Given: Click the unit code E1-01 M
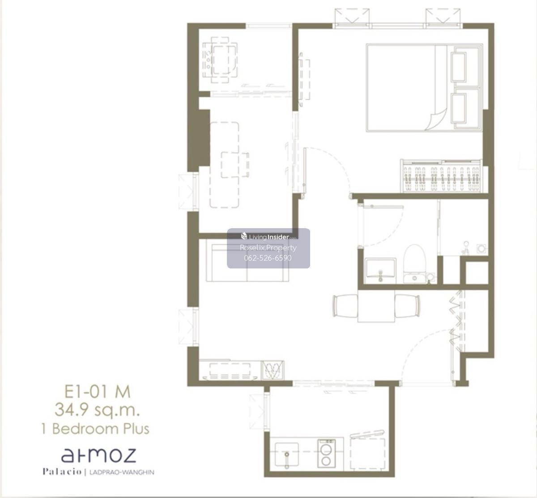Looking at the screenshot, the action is point(98,392).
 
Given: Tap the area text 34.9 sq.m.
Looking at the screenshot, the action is point(98,410).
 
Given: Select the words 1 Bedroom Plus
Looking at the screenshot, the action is point(95,429).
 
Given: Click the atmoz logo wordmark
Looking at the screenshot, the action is point(98,455).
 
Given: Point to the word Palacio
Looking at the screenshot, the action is point(62,472).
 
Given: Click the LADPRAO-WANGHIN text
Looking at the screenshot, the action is point(121,472).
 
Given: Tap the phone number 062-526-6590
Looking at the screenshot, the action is point(268,258).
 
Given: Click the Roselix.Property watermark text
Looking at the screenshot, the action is point(268,247).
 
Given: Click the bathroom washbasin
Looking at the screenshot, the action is point(381,271).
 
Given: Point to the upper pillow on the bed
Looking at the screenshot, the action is point(459,67).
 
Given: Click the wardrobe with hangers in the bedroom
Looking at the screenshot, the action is point(441,176).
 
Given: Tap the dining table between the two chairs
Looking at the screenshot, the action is point(376,306).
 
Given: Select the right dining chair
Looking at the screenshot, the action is point(408,306).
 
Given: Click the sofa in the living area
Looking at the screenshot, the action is point(247,263).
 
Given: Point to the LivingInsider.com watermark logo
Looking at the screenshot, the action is point(268,237).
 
